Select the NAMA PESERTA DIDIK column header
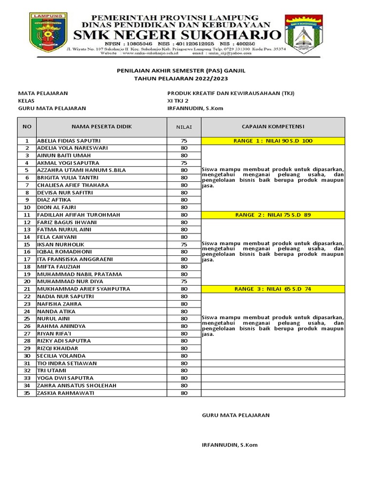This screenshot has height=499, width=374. point(102,127)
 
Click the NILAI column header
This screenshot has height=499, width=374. point(184,127)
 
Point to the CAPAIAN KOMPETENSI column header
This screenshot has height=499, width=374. point(273,127)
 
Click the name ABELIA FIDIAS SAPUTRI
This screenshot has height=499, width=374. point(69,141)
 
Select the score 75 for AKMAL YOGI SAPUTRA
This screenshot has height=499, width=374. point(184,163)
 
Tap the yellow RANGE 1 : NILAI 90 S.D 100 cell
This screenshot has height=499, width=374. point(273,141)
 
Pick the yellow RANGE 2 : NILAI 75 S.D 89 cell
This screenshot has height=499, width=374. point(273,215)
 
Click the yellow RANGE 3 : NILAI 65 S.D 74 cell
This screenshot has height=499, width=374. point(273,289)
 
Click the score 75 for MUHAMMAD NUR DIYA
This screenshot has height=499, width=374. point(184,281)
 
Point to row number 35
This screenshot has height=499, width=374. point(27,393)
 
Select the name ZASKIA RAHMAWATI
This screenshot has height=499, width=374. point(65,393)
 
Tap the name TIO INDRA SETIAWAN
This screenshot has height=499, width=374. point(67,363)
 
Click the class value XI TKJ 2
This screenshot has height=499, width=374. point(178,101)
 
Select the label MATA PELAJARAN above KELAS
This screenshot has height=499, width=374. point(43,93)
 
